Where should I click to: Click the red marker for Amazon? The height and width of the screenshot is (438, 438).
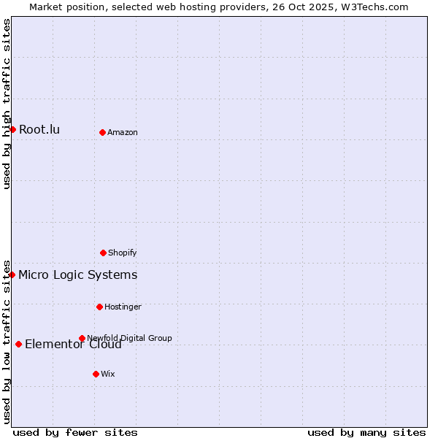click(x=102, y=132)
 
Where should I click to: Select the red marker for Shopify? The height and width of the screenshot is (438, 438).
click(x=103, y=253)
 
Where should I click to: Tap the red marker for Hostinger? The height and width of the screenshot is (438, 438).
click(x=99, y=307)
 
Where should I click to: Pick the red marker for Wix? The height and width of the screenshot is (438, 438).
click(x=96, y=374)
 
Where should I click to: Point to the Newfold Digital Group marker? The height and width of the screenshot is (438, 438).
click(x=82, y=338)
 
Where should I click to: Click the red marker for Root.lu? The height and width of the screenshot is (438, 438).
click(x=12, y=129)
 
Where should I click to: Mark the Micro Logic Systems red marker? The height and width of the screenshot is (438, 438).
click(x=12, y=274)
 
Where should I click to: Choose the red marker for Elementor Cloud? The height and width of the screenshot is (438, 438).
click(x=18, y=344)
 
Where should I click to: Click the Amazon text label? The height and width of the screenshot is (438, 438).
click(x=123, y=132)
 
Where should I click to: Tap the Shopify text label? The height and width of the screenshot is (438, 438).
click(x=123, y=253)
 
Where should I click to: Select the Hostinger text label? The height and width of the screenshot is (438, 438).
click(x=123, y=307)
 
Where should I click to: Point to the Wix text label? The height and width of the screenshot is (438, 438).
click(x=108, y=374)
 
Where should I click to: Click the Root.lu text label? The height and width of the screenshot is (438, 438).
click(x=39, y=129)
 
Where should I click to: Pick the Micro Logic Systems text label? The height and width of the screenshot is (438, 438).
click(x=77, y=274)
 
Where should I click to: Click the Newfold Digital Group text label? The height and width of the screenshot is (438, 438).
click(x=129, y=338)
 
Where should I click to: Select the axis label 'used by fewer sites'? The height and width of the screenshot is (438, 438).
click(x=75, y=432)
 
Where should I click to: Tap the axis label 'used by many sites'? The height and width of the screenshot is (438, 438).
click(x=366, y=432)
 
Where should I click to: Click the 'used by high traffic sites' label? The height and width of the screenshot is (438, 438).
click(x=7, y=104)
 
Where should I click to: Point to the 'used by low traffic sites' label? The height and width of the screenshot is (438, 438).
click(x=7, y=342)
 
